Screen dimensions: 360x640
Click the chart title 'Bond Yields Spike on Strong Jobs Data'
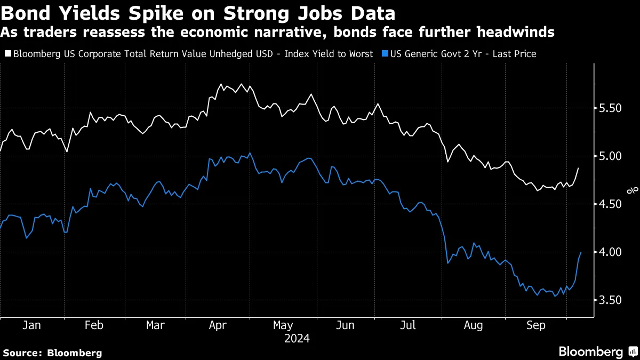198,13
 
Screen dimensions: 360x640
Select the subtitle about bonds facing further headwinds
277,33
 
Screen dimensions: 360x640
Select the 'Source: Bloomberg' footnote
52,353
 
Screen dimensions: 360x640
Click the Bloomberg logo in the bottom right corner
597,351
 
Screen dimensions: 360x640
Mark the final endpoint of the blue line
580,252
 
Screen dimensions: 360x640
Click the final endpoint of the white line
579,168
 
